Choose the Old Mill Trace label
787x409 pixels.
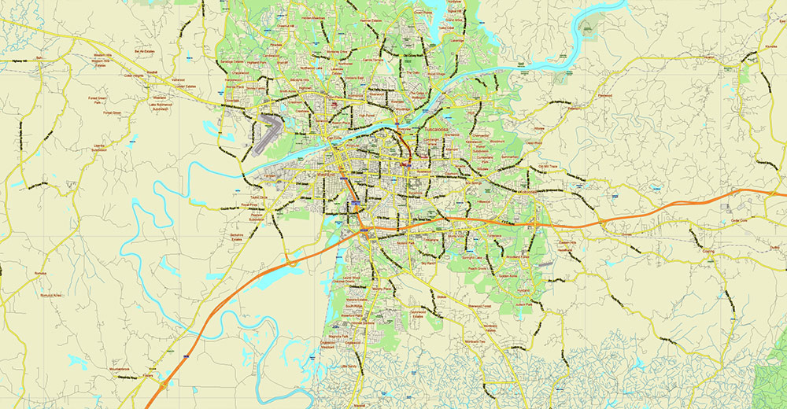(x=547, y=166)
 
